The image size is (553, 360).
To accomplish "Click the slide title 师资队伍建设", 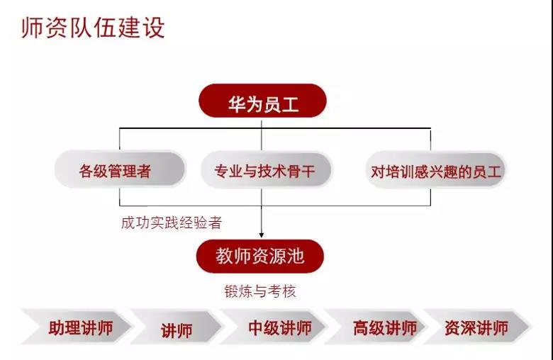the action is tap(93, 28).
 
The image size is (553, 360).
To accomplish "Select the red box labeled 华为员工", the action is tap(263, 101).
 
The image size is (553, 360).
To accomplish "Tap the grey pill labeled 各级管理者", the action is tap(120, 169).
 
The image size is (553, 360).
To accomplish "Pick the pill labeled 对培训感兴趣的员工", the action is tap(436, 170).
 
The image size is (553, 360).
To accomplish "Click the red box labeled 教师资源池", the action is tap(260, 256).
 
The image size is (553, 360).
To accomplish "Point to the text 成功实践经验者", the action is tap(172, 223).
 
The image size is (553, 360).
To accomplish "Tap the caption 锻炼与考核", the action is tap(260, 291).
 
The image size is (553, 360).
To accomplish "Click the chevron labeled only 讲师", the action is tap(177, 327).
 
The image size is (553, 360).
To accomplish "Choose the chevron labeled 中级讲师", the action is tap(273, 327).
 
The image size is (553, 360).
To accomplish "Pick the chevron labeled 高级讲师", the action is tap(375, 327).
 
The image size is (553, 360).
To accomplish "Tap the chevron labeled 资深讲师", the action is tap(478, 327).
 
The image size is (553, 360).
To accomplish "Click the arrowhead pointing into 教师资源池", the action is tap(262, 235).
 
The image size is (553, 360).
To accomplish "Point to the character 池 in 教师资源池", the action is tap(295, 256).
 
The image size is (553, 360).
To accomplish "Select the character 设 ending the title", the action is tap(154, 28).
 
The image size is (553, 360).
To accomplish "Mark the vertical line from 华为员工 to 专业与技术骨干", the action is tap(262, 135).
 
